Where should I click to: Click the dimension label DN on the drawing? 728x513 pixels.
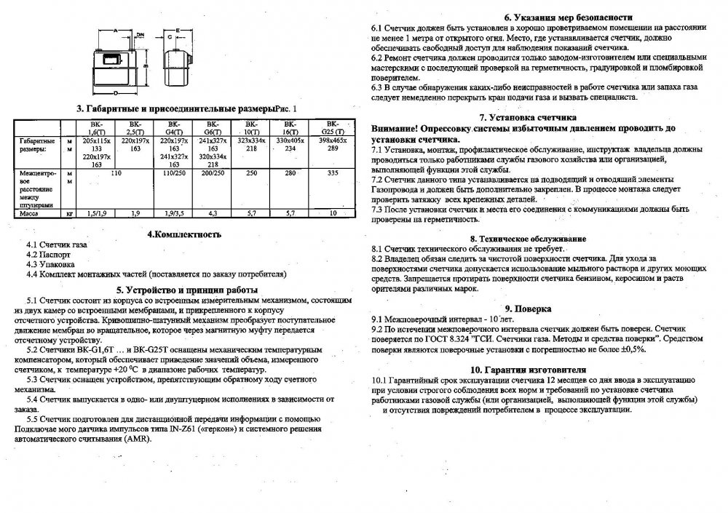(139, 33)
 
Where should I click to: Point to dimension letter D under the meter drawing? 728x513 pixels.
(116, 94)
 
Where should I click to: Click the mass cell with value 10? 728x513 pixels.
(333, 214)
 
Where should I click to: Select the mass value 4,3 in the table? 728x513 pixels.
(213, 214)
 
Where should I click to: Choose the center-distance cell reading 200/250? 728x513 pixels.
(213, 175)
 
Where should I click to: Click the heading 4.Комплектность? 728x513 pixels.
(183, 234)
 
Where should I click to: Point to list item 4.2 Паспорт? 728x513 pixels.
(50, 256)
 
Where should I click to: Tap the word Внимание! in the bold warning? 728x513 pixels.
(395, 127)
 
